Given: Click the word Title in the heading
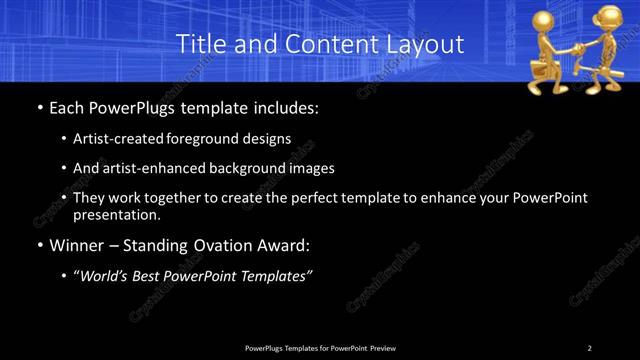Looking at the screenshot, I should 198,44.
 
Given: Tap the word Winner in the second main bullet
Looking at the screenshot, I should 77,245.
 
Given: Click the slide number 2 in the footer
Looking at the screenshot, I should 589,348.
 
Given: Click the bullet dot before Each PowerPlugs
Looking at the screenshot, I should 39,106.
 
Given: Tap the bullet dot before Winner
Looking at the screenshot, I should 39,245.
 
